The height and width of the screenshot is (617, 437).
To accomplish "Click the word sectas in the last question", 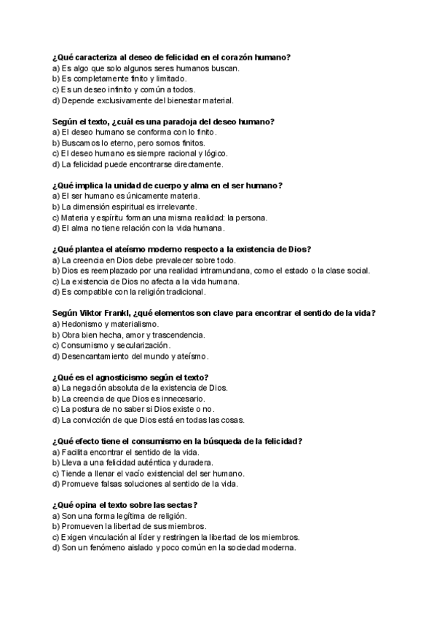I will [x=181, y=505].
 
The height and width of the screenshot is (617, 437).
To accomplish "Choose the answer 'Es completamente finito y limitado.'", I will [x=119, y=79].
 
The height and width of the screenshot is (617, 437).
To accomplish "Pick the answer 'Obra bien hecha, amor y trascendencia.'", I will [x=128, y=335].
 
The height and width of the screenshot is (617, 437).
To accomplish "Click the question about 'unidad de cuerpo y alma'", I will [x=168, y=185].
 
